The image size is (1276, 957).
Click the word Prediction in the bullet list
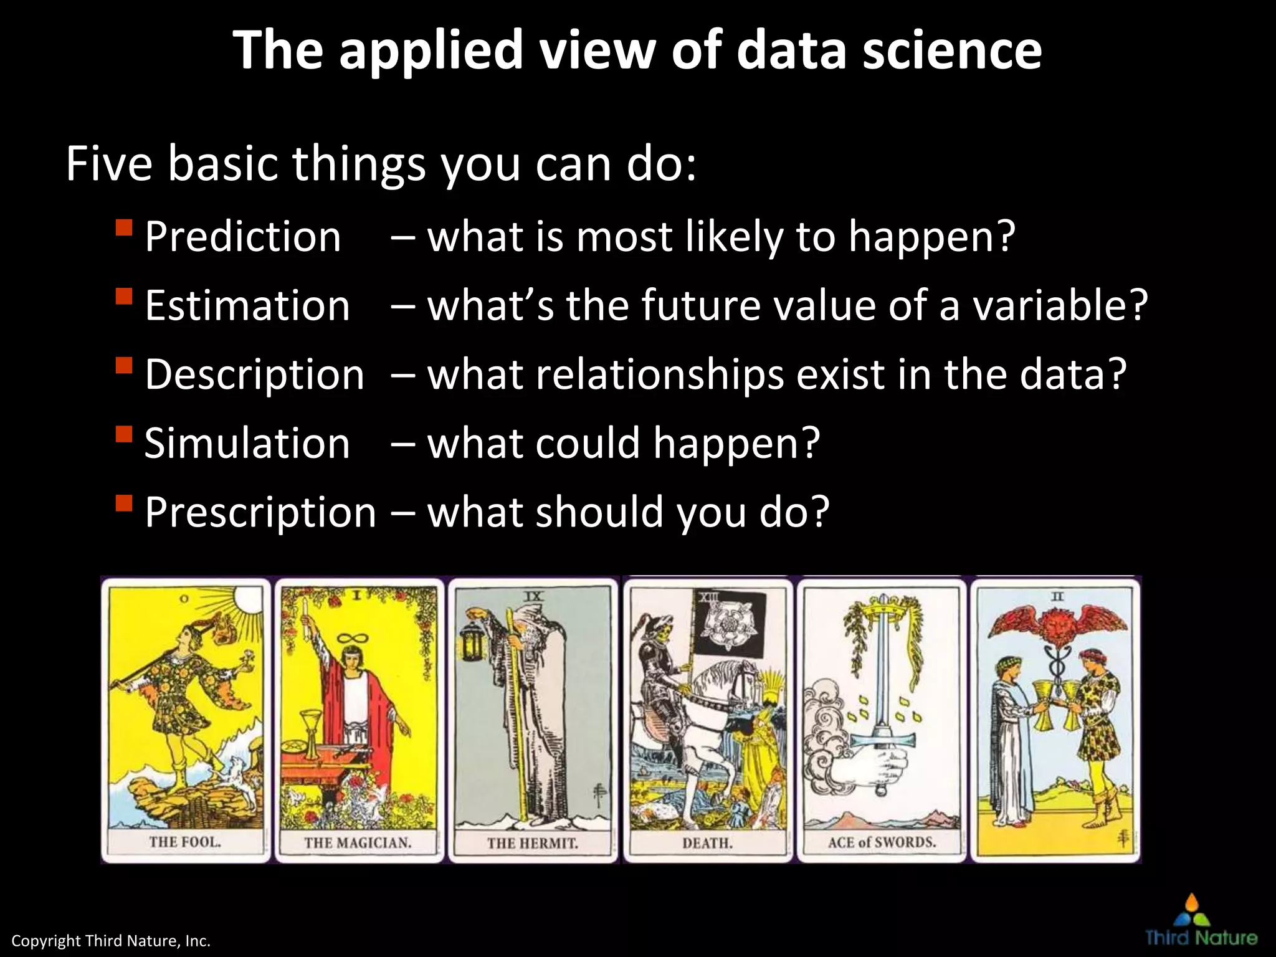click(243, 237)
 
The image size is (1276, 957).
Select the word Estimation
click(247, 306)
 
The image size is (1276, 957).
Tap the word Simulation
click(247, 444)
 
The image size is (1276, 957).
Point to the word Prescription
click(260, 513)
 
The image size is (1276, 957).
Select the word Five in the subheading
click(109, 164)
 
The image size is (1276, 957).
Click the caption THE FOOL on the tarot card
click(185, 842)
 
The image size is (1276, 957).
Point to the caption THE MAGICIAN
click(358, 843)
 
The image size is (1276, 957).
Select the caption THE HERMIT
click(533, 844)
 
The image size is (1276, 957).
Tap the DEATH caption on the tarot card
click(707, 844)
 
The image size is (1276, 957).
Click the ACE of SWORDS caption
click(882, 842)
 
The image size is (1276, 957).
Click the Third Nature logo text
click(1201, 938)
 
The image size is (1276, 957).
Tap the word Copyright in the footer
click(46, 941)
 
